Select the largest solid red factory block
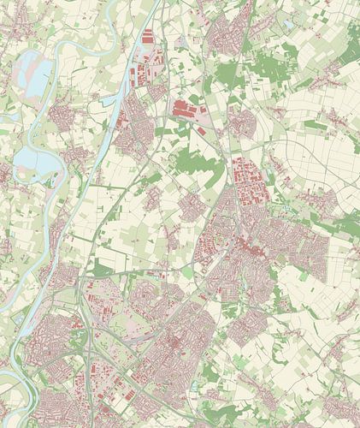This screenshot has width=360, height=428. click(183, 109)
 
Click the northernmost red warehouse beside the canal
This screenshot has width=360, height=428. click(146, 36)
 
